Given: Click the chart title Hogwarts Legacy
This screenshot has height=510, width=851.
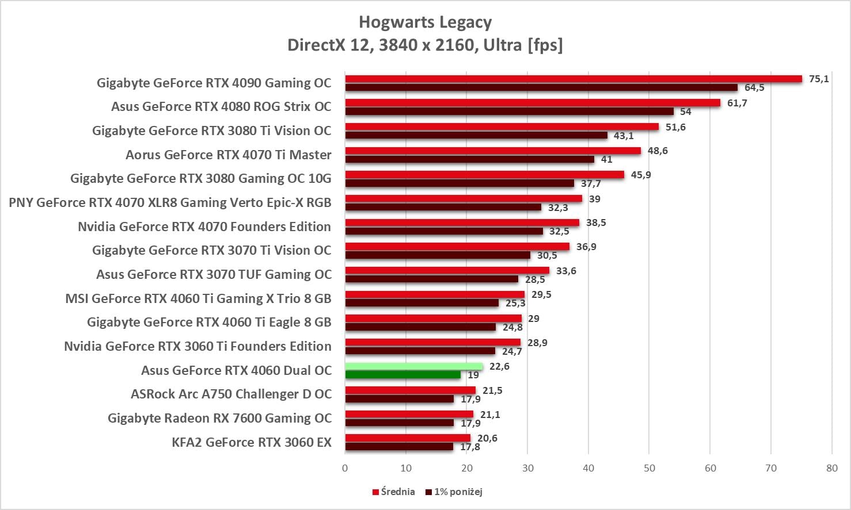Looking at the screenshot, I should coord(425,22).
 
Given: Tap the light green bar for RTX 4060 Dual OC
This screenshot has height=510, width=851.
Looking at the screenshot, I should coord(413,366).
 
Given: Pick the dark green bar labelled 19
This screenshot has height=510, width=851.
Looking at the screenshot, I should coord(402,375).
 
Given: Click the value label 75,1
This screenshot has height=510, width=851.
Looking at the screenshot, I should coord(819,79).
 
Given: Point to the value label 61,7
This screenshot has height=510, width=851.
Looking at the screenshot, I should coord(737,103).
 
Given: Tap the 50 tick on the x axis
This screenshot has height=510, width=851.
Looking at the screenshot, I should coord(649,468).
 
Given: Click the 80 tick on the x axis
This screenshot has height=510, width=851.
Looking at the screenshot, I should coord(831,468).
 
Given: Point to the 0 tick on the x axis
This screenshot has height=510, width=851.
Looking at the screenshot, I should coord(345,468).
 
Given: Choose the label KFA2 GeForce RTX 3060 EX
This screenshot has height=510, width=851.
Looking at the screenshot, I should coord(252,442).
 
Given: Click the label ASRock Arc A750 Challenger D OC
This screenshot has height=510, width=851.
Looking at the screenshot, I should coord(231,394).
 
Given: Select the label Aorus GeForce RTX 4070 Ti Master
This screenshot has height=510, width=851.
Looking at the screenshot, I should coord(229,155).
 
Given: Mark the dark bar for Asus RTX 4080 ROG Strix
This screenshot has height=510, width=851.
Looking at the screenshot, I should coord(509,112).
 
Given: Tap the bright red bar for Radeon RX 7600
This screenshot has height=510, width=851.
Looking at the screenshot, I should coord(409,415).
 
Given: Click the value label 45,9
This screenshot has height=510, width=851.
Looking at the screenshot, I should coord(641,175).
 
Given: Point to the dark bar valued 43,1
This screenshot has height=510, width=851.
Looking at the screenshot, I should coord(476,136).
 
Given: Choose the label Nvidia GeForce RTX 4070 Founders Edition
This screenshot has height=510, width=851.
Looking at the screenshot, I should coord(204,227).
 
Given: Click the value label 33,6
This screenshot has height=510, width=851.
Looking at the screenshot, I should coord(566,271).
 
